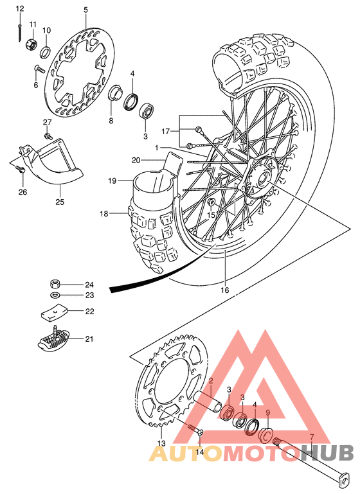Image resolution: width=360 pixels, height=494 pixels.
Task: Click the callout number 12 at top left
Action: (20, 8)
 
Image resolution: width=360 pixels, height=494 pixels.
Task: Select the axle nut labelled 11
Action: (29, 45)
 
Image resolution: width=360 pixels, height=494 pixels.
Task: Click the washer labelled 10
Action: (47, 51)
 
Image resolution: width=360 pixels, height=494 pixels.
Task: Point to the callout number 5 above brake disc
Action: (85, 10)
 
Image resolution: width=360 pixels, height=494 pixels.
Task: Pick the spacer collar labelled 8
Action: (116, 93)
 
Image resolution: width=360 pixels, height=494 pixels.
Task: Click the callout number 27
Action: (47, 122)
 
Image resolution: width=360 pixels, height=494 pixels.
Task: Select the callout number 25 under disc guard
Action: (60, 203)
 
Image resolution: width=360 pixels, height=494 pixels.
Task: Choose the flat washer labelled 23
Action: (57, 295)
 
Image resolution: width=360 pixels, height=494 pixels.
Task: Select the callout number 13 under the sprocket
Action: (162, 443)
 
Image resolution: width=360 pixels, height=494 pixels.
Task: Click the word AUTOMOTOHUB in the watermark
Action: (251, 453)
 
